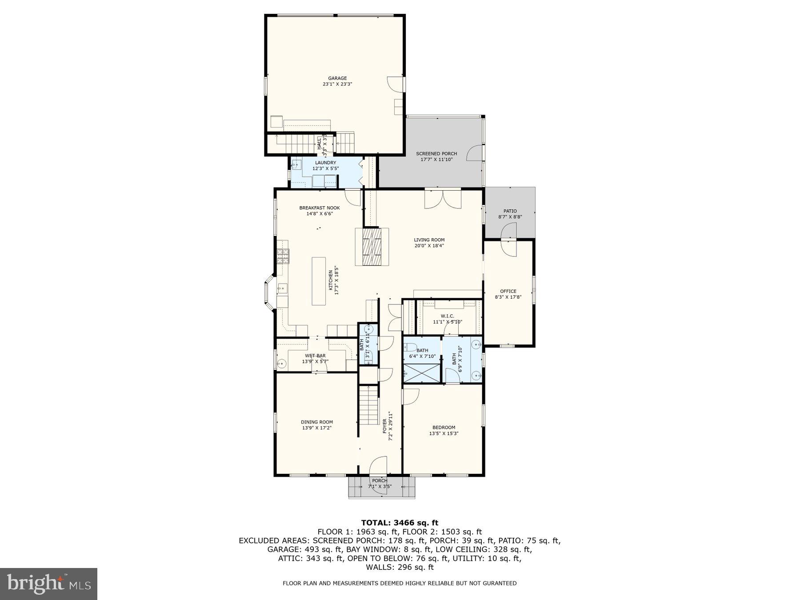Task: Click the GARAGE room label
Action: [x=337, y=78]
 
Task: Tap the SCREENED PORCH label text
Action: [x=436, y=154]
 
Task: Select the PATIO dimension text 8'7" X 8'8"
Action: [x=510, y=217]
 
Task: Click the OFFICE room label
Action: [x=508, y=292]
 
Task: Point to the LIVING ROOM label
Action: [x=429, y=240]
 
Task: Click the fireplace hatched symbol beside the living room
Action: [x=372, y=247]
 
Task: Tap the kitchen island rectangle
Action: [x=319, y=281]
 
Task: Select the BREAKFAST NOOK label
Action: [x=319, y=208]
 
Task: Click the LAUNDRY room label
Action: [x=325, y=163]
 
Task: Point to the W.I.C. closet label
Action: [x=448, y=316]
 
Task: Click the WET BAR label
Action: [x=315, y=356]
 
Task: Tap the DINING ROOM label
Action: [x=316, y=422]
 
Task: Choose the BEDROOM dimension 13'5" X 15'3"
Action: [x=444, y=433]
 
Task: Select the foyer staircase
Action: [x=368, y=405]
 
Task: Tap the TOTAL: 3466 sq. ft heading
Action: [x=400, y=523]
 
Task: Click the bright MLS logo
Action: [x=48, y=584]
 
